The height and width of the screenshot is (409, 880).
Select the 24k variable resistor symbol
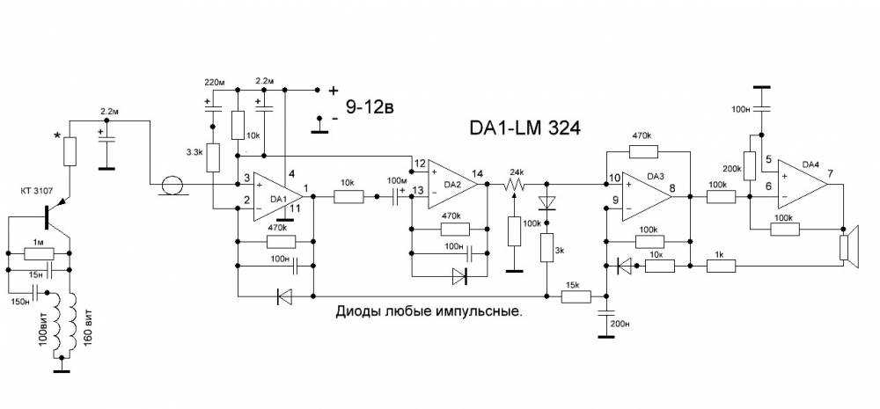click(x=513, y=186)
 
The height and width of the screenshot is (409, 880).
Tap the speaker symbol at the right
click(x=849, y=244)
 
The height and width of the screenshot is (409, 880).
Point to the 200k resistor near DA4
click(x=749, y=163)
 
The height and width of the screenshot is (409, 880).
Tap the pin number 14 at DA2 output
click(x=478, y=172)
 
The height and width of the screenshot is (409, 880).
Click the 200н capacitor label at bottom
click(x=620, y=324)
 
